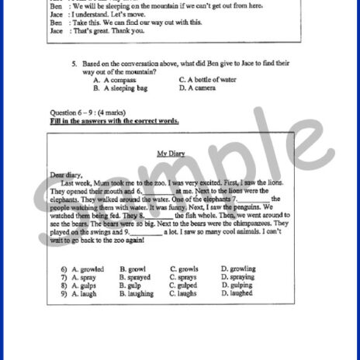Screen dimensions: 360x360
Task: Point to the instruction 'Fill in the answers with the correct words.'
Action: pyautogui.click(x=114, y=121)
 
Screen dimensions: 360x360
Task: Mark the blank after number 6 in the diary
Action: pyautogui.click(x=158, y=190)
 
